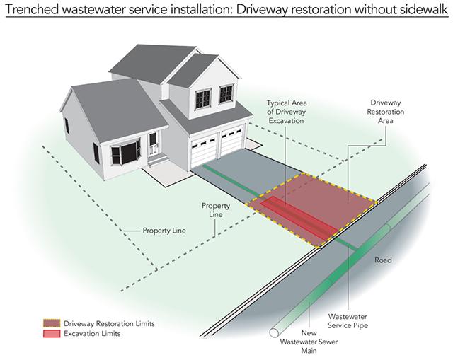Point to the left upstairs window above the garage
202,95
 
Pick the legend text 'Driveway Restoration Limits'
108,323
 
